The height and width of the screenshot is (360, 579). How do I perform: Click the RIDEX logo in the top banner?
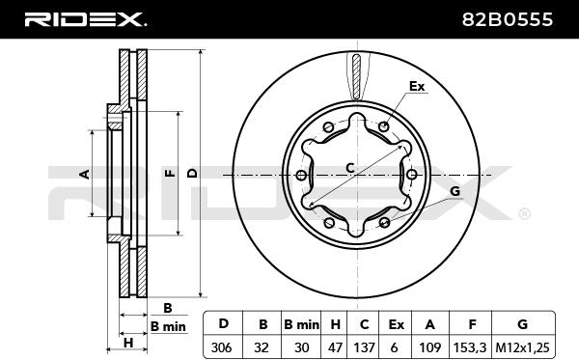[85, 19]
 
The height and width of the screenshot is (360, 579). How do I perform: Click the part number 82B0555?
[508, 19]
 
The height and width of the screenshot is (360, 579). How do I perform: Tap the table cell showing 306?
[221, 347]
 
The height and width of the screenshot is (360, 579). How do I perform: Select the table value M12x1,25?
[522, 347]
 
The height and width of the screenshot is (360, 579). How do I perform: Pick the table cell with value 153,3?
[470, 347]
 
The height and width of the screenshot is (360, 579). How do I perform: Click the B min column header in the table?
[301, 324]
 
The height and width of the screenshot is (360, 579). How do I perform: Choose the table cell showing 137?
[364, 347]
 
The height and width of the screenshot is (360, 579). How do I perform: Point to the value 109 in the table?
[429, 347]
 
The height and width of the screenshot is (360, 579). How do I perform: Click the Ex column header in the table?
[397, 324]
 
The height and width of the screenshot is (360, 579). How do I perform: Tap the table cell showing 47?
[335, 347]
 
